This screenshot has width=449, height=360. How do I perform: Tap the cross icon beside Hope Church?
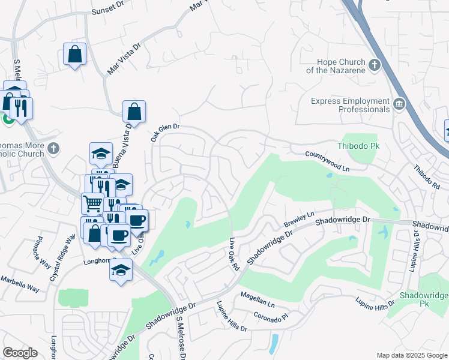[x=375, y=64]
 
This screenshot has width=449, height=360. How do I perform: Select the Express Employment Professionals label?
[x=350, y=105]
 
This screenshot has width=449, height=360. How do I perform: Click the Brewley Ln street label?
[x=299, y=220]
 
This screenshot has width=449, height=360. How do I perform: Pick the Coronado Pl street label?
[x=271, y=313]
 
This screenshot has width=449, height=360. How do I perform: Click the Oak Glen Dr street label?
[x=166, y=128]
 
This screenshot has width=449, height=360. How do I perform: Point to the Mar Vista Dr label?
[x=123, y=58]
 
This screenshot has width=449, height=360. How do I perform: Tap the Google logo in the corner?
[x=20, y=353]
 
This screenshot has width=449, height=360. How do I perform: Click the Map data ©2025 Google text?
[x=411, y=355]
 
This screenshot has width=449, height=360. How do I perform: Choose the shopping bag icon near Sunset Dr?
[x=75, y=54]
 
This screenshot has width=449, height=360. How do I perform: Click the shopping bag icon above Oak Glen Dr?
[x=134, y=111]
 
